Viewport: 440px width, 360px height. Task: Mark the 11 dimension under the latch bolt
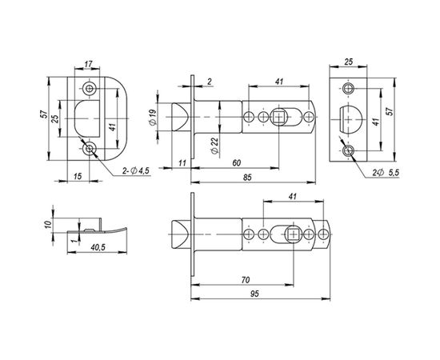pos(182,163)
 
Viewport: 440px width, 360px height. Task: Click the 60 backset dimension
pos(237,163)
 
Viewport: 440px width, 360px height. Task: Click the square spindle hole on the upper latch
pos(280,118)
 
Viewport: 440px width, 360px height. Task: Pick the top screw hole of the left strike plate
pos(89,86)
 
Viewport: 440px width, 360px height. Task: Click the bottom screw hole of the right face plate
pos(348,150)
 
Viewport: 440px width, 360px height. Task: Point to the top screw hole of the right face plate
pos(348,87)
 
